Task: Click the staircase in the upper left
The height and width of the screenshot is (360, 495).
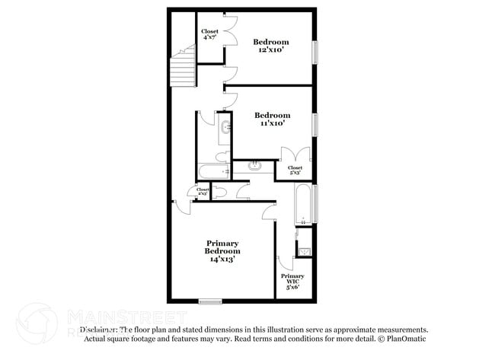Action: [183, 68]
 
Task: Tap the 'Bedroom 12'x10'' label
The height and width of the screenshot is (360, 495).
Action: [271, 45]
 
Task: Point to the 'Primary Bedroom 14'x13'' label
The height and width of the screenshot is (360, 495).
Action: [222, 251]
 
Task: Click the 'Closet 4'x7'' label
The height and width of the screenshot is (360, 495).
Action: [209, 35]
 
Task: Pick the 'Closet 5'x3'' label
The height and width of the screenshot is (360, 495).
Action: [295, 170]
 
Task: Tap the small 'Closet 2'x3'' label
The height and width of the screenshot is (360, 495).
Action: [203, 192]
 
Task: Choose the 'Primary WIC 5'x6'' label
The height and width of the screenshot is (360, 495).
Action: [292, 281]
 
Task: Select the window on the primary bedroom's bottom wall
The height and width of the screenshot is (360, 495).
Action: [209, 301]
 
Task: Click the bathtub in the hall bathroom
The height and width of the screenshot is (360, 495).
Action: [213, 172]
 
